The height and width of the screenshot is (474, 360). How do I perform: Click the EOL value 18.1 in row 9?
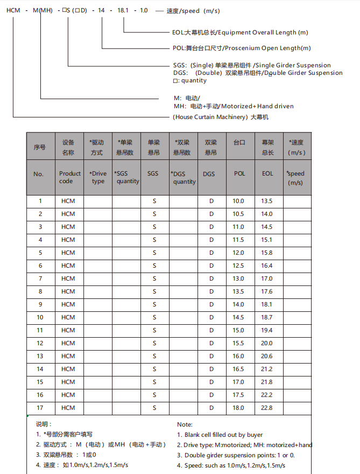[267, 304]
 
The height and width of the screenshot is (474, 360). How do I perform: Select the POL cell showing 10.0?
[238, 201]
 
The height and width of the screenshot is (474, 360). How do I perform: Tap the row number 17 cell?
[40, 408]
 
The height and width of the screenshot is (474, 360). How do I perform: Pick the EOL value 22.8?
[267, 408]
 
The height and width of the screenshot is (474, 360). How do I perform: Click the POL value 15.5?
[238, 343]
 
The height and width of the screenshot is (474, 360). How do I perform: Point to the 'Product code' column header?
[69, 177]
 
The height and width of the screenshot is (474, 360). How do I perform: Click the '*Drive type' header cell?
[98, 177]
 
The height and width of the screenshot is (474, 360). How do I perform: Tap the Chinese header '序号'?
[40, 147]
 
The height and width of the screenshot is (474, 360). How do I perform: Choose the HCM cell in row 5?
[68, 253]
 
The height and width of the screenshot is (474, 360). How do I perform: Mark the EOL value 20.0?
[267, 343]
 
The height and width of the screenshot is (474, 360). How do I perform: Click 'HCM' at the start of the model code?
[13, 11]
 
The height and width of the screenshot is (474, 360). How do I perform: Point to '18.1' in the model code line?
[123, 11]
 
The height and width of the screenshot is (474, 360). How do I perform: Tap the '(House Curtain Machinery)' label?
[209, 117]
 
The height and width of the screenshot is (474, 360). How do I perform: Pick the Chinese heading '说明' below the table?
[44, 424]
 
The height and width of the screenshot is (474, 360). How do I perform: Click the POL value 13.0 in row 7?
[238, 278]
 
